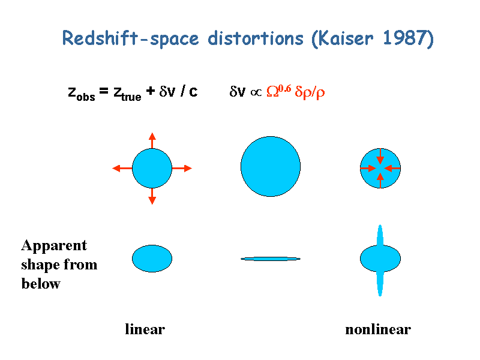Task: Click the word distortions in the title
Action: pyautogui.click(x=256, y=38)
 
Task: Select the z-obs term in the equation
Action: pyautogui.click(x=82, y=93)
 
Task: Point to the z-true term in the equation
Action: pyautogui.click(x=127, y=93)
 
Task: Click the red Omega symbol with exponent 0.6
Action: pyautogui.click(x=278, y=91)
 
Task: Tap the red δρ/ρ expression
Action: pyautogui.click(x=310, y=92)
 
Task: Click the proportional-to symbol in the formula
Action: pyautogui.click(x=256, y=92)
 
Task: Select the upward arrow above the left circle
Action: pyautogui.click(x=152, y=140)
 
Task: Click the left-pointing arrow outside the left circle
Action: pyautogui.click(x=122, y=168)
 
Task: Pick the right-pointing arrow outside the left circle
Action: pyautogui.click(x=182, y=168)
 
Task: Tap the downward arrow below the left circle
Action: pyautogui.click(x=152, y=196)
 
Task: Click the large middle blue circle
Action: pyautogui.click(x=271, y=167)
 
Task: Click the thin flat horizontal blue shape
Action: pyautogui.click(x=271, y=259)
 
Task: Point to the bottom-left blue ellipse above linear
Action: pyautogui.click(x=152, y=259)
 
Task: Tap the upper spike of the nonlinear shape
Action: pyautogui.click(x=380, y=235)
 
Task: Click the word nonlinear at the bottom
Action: pyautogui.click(x=378, y=329)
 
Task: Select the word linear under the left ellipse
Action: pyautogui.click(x=145, y=329)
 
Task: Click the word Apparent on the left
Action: pyautogui.click(x=54, y=246)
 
